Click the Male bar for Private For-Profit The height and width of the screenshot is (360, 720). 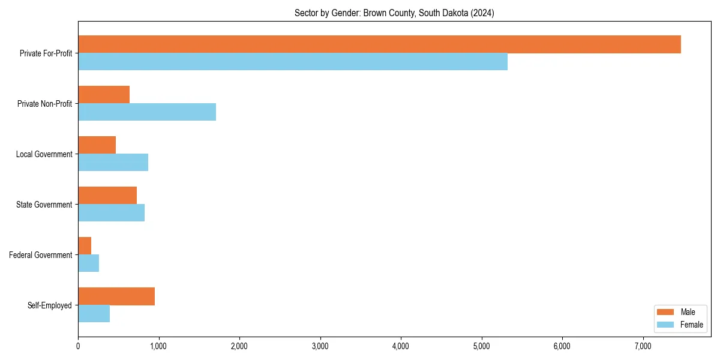pyautogui.click(x=379, y=44)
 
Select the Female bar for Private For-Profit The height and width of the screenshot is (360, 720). pyautogui.click(x=293, y=62)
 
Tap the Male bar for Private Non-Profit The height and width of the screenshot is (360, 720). pyautogui.click(x=104, y=95)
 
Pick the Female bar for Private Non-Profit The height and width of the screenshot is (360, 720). pyautogui.click(x=147, y=112)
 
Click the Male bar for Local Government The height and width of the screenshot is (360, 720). pyautogui.click(x=97, y=145)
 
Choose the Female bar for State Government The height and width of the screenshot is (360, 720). pyautogui.click(x=111, y=213)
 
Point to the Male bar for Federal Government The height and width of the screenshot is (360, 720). pyautogui.click(x=85, y=246)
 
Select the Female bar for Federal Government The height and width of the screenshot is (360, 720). pyautogui.click(x=88, y=263)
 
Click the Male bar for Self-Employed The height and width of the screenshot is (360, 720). pyautogui.click(x=116, y=296)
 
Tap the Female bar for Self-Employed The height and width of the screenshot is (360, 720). pyautogui.click(x=94, y=314)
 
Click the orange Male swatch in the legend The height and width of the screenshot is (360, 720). pyautogui.click(x=666, y=312)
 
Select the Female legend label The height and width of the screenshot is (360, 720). pyautogui.click(x=691, y=325)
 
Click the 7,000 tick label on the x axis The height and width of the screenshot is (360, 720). pyautogui.click(x=643, y=346)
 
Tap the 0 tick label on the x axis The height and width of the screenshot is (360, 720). pyautogui.click(x=78, y=346)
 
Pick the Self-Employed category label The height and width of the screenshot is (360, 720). pyautogui.click(x=50, y=305)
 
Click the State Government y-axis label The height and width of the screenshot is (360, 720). pyautogui.click(x=44, y=205)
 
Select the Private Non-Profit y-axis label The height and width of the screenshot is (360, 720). pyautogui.click(x=44, y=104)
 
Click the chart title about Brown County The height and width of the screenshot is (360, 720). pyautogui.click(x=394, y=13)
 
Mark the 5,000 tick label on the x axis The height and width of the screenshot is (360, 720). pyautogui.click(x=481, y=346)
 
